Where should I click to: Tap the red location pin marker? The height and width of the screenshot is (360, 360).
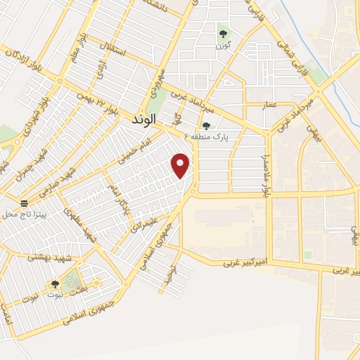coord(181,166)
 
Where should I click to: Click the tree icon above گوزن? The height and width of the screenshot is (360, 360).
coord(223,32)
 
